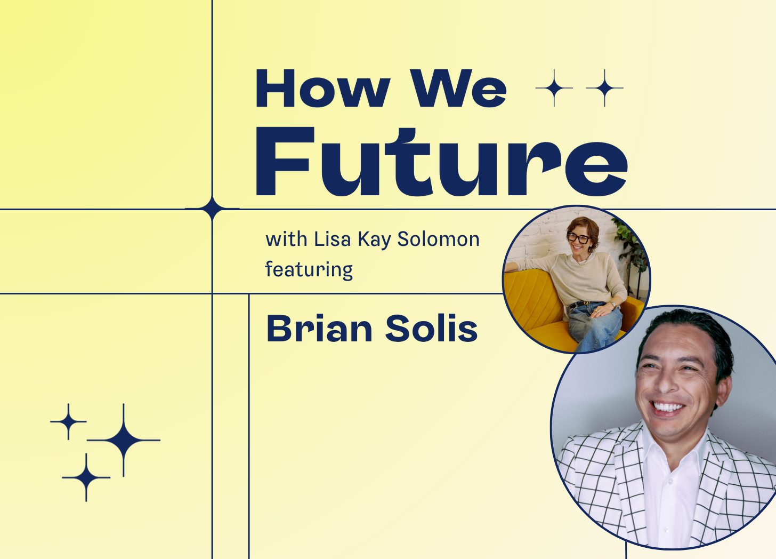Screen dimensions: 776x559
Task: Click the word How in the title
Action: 323,88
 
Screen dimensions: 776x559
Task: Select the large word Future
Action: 442,162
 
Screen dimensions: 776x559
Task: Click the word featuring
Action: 309,270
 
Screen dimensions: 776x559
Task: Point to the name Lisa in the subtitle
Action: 332,239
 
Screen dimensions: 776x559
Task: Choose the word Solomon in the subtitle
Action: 438,239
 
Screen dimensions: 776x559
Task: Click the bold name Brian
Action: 319,329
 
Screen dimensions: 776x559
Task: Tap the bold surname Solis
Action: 431,329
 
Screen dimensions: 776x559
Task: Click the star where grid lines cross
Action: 212,209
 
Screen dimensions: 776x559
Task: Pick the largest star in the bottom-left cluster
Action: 124,440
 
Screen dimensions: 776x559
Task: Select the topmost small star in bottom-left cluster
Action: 68,422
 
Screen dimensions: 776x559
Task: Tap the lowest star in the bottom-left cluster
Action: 86,477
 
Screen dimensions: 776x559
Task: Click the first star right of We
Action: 554,88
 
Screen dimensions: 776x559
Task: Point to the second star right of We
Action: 604,88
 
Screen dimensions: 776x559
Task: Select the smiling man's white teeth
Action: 667,407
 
